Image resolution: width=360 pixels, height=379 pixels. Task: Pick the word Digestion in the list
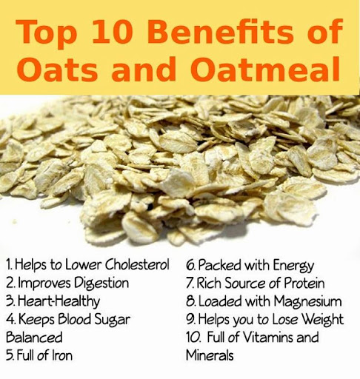click(x=101, y=283)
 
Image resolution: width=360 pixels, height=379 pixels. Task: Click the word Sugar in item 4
click(x=110, y=319)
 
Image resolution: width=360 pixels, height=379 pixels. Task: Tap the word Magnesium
click(x=304, y=301)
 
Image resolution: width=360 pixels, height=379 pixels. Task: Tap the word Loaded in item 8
click(x=219, y=301)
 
